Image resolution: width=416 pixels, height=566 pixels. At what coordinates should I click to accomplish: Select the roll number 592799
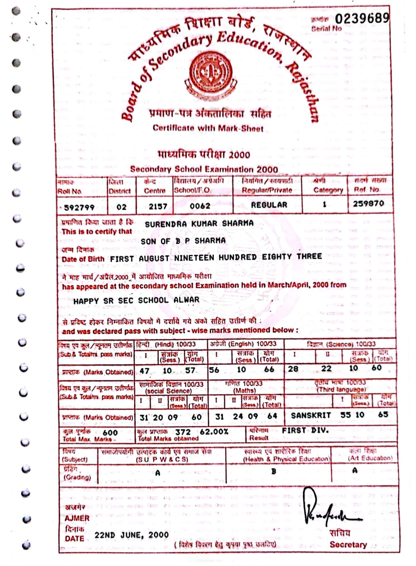tap(79, 207)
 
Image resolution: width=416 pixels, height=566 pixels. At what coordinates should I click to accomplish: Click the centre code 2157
tap(158, 206)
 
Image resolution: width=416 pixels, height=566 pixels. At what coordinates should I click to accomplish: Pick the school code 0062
tap(200, 206)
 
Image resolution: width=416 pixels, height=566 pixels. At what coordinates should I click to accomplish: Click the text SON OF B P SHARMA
tap(183, 241)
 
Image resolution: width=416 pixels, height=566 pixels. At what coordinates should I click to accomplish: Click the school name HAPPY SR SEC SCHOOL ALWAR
tap(136, 300)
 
